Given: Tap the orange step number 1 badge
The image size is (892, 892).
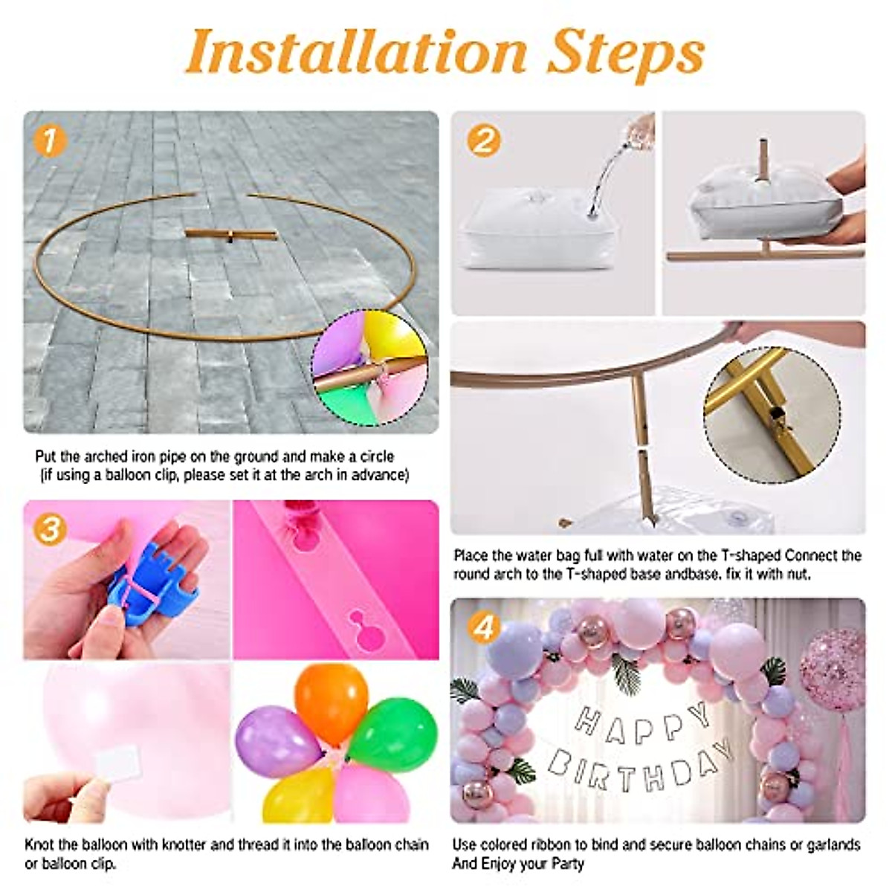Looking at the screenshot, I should tap(50, 140).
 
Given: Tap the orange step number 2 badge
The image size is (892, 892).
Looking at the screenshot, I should tap(483, 140).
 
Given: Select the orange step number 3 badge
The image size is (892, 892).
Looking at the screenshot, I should tap(50, 530).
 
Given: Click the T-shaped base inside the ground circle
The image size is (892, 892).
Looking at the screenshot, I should tap(230, 235).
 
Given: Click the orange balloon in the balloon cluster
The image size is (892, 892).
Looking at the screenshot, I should tap(331, 699).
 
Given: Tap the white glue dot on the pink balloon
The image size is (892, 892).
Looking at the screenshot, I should tap(122, 764).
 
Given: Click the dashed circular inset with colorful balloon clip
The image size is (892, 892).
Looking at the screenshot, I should tap(369, 368).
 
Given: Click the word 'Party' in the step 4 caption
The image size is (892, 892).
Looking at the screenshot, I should tap(568, 864).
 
